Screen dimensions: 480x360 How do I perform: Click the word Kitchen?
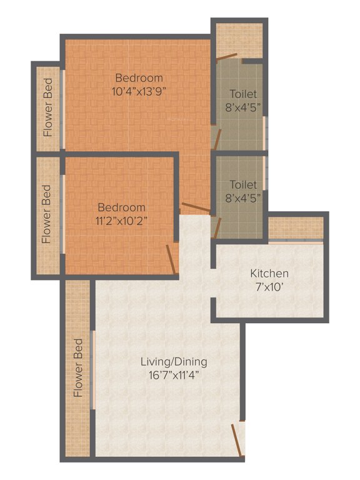point(269,273)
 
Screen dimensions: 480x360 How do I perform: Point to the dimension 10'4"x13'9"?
point(139,91)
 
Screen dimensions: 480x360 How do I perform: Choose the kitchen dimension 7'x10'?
point(269,287)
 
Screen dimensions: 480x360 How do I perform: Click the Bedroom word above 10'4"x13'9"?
point(139,78)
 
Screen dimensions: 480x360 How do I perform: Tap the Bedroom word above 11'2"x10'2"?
point(121,207)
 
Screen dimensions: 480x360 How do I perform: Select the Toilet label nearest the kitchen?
point(242,185)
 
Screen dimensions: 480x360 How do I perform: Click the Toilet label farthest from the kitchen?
point(242,94)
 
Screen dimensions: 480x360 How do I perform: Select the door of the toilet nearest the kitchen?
point(217,229)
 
